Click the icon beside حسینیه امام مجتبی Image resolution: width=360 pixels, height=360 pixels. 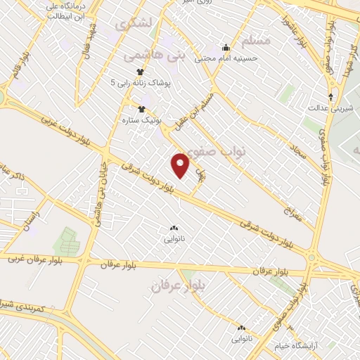click(x=226, y=48)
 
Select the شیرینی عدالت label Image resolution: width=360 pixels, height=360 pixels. click(x=327, y=108)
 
